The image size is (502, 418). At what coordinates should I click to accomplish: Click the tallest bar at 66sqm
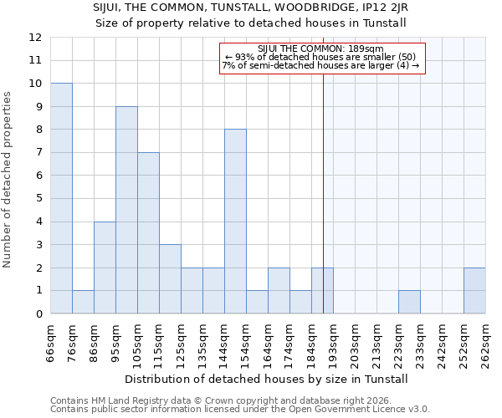(x=61, y=198)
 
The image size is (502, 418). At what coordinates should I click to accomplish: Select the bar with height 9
(x=126, y=210)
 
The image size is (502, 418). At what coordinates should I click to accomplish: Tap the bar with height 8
(x=235, y=222)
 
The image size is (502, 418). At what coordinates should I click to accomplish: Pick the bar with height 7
(x=148, y=233)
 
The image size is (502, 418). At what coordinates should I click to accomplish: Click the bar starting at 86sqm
(x=105, y=268)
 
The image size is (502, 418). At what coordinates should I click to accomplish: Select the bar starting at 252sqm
(x=474, y=291)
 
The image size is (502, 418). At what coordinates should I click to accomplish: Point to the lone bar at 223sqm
(x=409, y=302)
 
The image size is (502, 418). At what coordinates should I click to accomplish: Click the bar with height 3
(x=170, y=279)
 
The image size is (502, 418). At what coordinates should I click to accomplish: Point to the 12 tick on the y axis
(x=35, y=38)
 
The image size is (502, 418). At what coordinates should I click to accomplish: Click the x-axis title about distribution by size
(x=268, y=379)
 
